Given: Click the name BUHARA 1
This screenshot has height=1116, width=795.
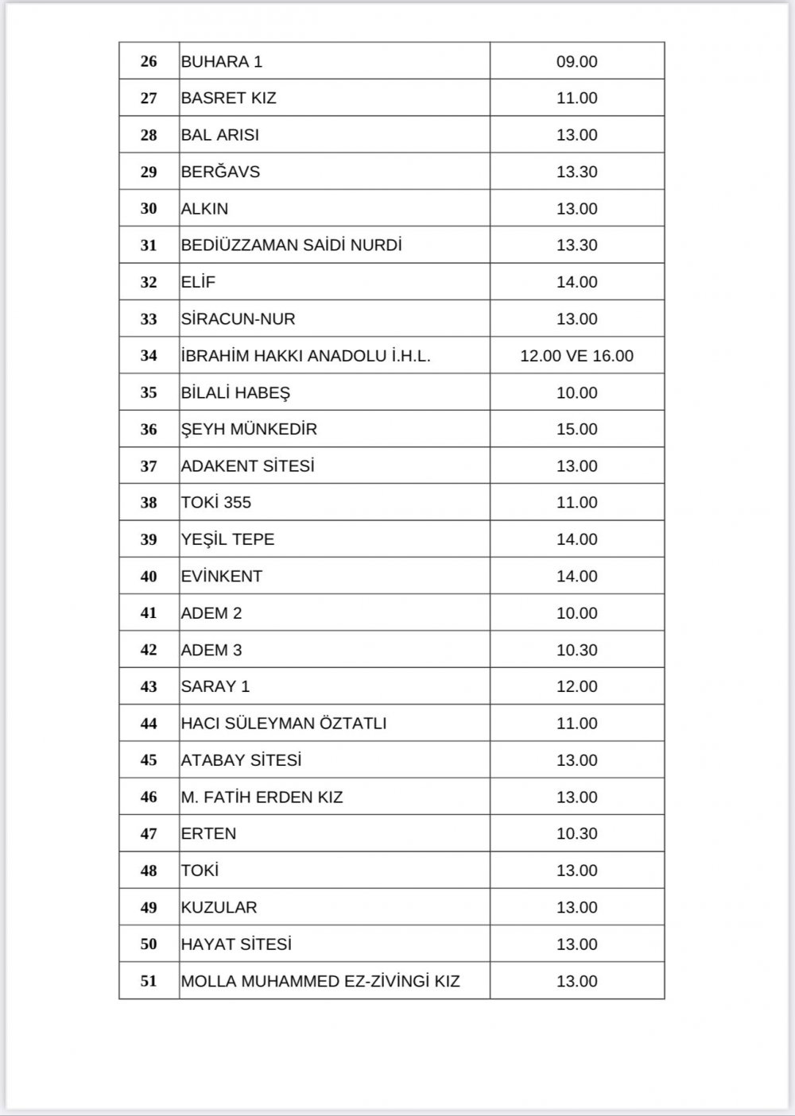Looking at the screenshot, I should tap(222, 61).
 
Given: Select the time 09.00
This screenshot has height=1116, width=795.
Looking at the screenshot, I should tap(576, 61).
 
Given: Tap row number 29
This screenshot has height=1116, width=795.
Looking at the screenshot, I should tap(149, 172).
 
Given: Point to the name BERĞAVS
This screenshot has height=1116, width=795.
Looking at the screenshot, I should tap(221, 172).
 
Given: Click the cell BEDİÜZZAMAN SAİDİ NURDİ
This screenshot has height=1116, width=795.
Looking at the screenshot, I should tap(292, 245).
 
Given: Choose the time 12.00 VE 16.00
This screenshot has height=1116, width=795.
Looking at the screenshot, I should tap(576, 356).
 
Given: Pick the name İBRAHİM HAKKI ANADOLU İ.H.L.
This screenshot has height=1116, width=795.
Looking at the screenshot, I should tap(306, 356).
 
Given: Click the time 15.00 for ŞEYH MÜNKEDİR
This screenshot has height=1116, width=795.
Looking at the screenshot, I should tap(576, 429).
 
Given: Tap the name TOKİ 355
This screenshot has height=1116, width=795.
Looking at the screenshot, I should tap(216, 503).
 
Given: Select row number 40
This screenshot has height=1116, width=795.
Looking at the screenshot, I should tap(149, 577).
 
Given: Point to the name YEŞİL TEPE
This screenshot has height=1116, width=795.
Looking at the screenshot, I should tap(228, 539).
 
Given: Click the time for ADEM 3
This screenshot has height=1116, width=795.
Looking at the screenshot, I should tap(576, 650).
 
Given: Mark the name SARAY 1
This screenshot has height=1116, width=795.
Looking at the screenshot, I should tap(215, 686).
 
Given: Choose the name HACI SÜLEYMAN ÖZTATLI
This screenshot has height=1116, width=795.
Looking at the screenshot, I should tap(284, 724).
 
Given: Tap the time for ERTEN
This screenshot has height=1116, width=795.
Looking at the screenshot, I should tap(576, 834).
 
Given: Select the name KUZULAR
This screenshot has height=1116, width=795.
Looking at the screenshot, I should tap(219, 907).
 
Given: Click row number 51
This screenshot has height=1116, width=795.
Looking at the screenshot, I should tap(149, 981).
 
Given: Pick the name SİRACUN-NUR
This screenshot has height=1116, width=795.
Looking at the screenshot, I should tap(238, 319).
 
